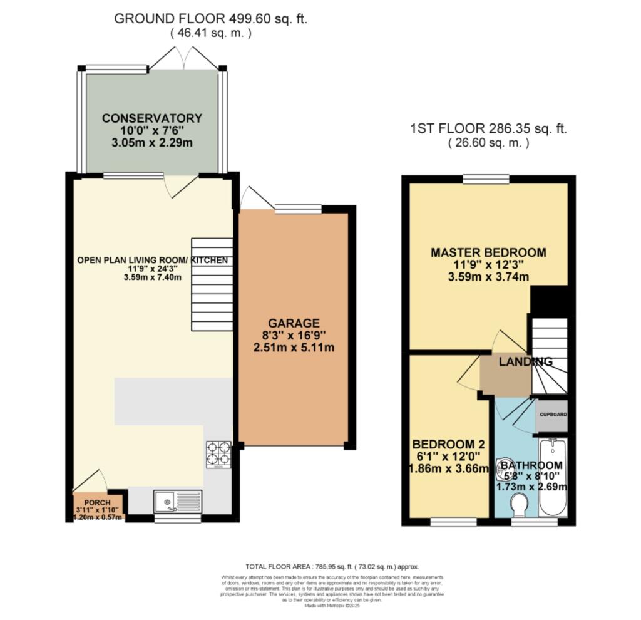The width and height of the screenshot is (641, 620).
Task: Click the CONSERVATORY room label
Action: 152,118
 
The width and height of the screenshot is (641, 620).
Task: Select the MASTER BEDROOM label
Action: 488,252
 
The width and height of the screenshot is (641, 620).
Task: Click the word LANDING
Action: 525,361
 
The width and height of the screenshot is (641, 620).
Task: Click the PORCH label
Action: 98,503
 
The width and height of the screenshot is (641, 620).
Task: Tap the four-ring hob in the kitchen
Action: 218,454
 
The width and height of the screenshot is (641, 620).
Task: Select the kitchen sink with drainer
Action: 178,501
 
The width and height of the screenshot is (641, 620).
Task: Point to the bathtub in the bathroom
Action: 553,477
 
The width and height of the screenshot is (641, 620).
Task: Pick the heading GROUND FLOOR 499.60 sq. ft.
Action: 210,19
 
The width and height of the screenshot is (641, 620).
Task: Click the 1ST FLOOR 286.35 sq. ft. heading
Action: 488,130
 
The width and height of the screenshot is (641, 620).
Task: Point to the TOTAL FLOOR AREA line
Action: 332,566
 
